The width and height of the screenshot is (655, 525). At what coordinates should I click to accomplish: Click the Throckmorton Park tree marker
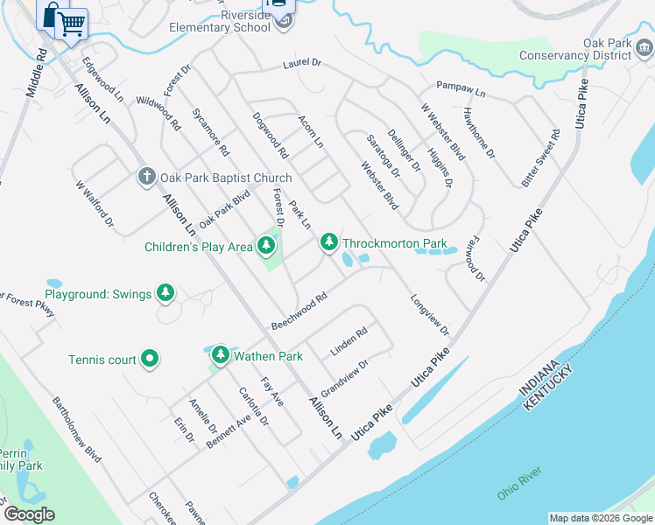[x=328, y=241]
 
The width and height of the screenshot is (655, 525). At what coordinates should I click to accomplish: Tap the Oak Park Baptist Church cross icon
[x=147, y=178]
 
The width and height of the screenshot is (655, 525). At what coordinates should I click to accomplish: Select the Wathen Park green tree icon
[x=220, y=354]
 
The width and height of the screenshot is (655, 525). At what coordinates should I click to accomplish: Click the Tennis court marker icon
[x=150, y=358]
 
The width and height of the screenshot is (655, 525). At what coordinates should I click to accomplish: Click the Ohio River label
[x=520, y=484]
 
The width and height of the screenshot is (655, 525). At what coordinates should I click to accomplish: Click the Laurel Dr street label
[x=303, y=64]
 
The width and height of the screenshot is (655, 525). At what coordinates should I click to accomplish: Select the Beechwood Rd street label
[x=299, y=311]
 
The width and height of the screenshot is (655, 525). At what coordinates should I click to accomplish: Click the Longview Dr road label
[x=429, y=316]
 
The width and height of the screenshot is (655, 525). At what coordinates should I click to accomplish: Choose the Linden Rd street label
[x=349, y=340]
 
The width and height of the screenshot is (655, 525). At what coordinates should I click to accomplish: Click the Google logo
[x=30, y=514]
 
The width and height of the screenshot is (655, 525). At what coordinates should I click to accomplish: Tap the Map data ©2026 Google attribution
[x=601, y=518]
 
